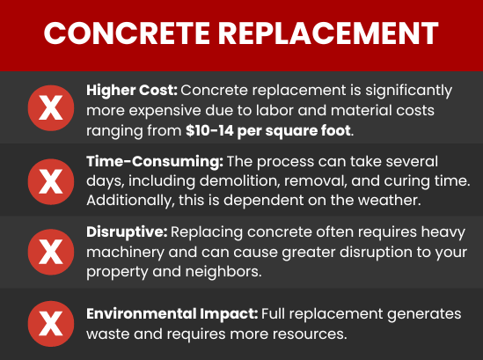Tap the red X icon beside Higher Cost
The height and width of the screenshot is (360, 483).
(51, 109)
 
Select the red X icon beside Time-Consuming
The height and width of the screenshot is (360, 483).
(51, 180)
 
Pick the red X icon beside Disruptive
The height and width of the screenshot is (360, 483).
(51, 252)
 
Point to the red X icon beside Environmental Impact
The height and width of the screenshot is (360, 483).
(51, 323)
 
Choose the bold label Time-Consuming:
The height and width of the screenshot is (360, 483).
(152, 163)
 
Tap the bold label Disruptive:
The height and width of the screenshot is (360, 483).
(126, 234)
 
